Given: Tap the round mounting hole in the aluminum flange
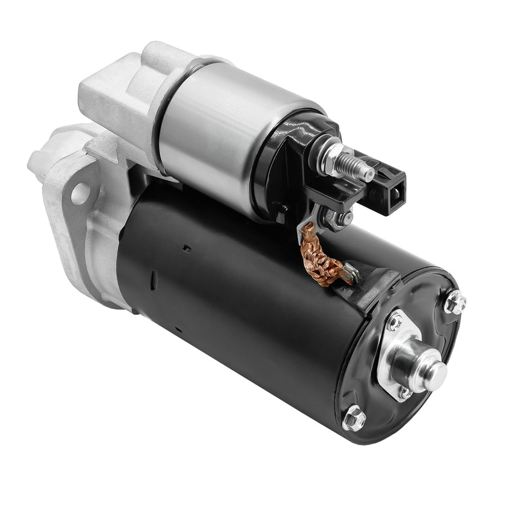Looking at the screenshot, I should click(x=80, y=192).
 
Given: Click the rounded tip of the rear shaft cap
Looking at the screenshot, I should click(x=435, y=372).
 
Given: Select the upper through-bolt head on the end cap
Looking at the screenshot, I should click(x=455, y=301).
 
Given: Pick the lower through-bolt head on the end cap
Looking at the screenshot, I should click(x=353, y=419).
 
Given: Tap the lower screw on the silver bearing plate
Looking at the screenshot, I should click(x=405, y=392).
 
